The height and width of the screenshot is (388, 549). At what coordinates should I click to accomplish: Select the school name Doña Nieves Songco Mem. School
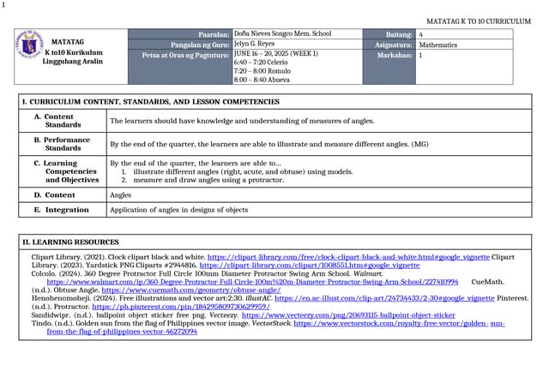[x=282, y=33]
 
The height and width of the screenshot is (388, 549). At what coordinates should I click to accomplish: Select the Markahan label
[x=395, y=54]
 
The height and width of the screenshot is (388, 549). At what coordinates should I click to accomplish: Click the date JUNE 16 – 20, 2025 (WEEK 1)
[x=275, y=54]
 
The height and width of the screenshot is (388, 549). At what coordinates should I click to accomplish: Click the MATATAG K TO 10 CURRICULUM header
[x=479, y=21]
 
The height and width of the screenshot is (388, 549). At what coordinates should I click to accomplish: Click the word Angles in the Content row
[x=120, y=194]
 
